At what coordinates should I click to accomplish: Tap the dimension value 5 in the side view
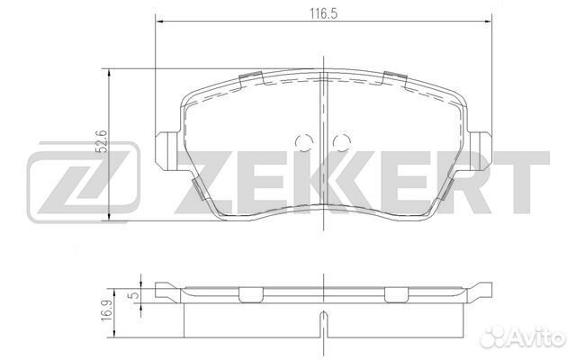(x=134, y=293)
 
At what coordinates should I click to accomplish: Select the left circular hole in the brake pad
(x=303, y=142)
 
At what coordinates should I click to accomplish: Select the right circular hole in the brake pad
(x=341, y=142)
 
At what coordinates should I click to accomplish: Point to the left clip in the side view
(x=248, y=294)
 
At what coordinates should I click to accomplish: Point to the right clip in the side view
(x=396, y=294)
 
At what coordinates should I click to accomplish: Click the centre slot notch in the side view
(x=322, y=319)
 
